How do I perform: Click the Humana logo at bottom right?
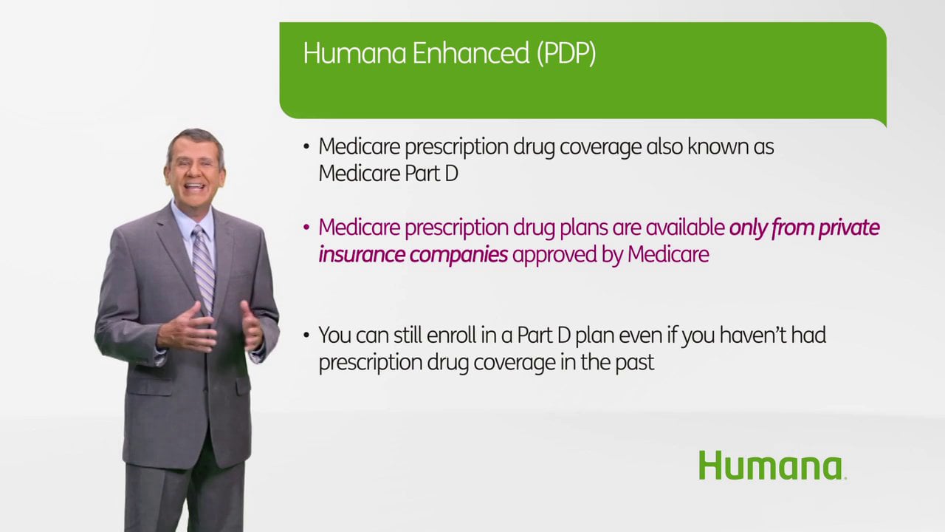771,466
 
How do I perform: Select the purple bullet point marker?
306,228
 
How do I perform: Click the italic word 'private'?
845,228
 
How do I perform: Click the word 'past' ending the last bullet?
636,363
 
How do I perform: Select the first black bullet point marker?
306,147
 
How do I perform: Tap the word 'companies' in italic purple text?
458,255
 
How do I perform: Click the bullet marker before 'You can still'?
306,336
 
